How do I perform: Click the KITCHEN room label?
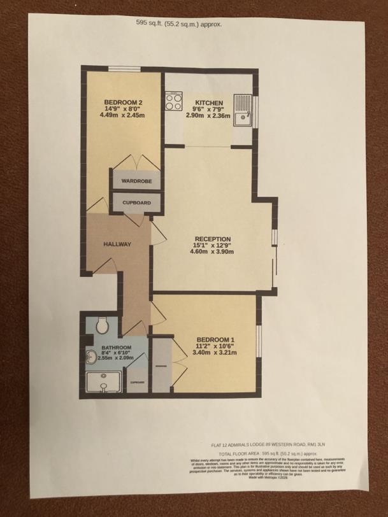coord(209,103)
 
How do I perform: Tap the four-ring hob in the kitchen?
coord(173,101)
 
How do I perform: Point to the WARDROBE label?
coord(134,180)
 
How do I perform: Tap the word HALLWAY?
coord(117,244)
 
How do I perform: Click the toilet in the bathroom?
coord(99,327)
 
